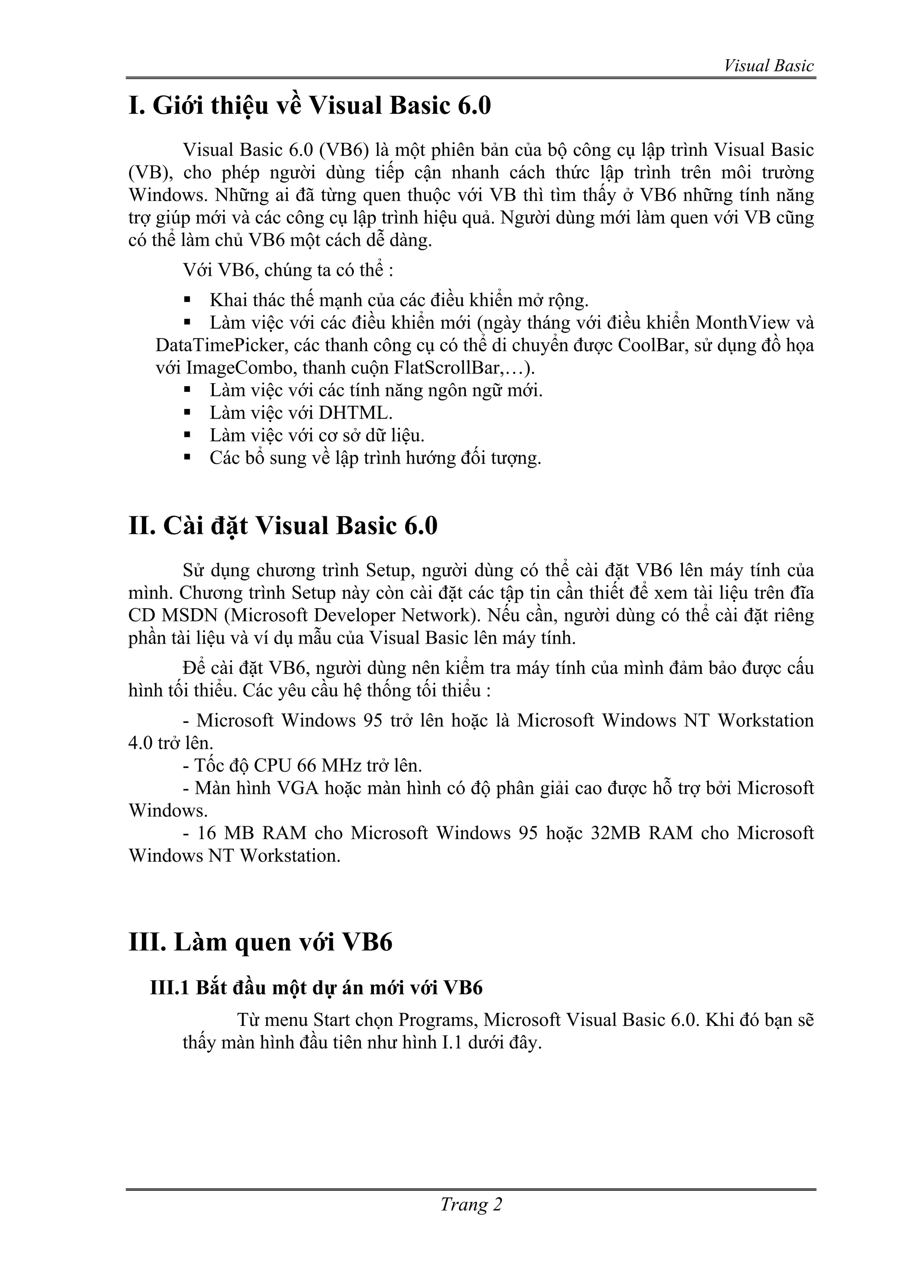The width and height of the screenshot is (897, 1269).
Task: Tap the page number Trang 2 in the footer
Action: [x=471, y=1204]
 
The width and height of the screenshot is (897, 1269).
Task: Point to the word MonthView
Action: [x=735, y=323]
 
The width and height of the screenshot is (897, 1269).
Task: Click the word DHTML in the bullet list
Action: [x=355, y=413]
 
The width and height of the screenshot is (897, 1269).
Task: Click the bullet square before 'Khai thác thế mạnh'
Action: [x=187, y=300]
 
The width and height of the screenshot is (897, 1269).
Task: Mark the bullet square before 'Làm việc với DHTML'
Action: [x=187, y=412]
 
